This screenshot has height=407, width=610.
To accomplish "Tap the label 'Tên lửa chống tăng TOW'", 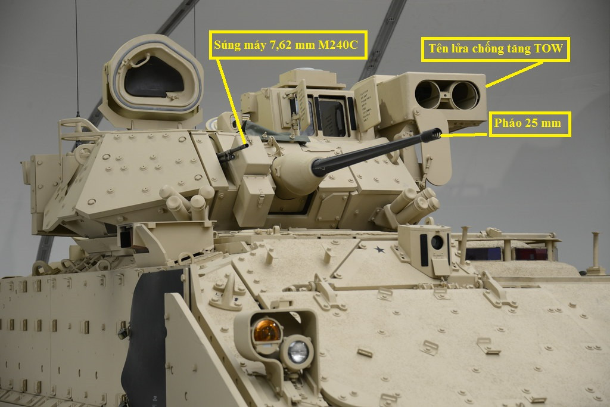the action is (495, 49).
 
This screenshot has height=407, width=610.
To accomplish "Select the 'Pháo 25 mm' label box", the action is (530, 124).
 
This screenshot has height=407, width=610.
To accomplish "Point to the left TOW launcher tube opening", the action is (428, 95).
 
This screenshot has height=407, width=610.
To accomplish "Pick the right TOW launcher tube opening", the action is (465, 95).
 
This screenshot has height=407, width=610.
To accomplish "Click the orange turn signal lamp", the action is (267, 331).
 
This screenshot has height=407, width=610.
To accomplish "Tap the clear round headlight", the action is (298, 352).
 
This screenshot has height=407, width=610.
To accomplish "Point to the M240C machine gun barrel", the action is (233, 151).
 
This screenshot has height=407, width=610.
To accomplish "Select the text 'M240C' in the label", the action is (338, 45).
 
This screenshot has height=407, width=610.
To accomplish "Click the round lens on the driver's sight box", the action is (437, 243).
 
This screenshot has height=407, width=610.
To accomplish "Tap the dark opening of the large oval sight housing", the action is (153, 80).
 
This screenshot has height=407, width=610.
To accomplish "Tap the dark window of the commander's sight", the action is (331, 117).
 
